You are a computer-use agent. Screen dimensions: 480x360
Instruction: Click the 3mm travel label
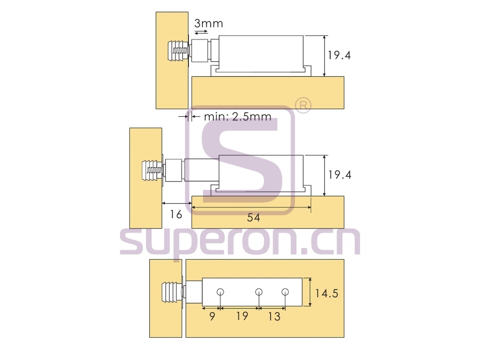tap(209, 23)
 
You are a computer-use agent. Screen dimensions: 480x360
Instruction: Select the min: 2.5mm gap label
tap(237, 117)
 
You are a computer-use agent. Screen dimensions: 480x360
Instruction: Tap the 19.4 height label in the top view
tap(339, 55)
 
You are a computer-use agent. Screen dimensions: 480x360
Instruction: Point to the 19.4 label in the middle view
tap(340, 175)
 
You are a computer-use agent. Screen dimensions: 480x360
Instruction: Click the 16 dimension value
tap(176, 214)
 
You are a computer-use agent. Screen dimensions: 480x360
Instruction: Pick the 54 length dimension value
tap(253, 218)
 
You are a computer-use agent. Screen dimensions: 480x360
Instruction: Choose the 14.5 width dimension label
tap(326, 293)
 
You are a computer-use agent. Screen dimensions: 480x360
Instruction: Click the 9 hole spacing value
tap(212, 316)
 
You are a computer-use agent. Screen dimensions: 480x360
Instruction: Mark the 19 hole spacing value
tap(242, 316)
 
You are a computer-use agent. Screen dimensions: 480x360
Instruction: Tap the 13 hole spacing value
tap(274, 316)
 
